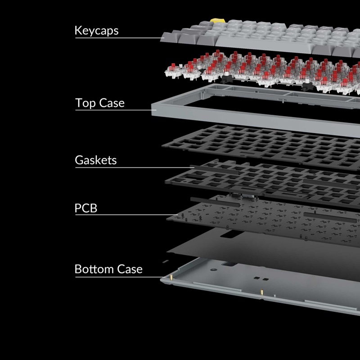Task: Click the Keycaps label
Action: [x=96, y=31]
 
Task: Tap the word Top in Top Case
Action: [x=86, y=103]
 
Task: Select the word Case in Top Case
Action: [x=112, y=103]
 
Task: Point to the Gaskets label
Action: [x=95, y=160]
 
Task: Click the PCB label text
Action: [x=85, y=208]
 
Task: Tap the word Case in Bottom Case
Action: [x=130, y=269]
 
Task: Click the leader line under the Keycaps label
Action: [x=117, y=38]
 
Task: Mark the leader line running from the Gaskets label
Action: [x=135, y=167]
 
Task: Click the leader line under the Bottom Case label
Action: [x=117, y=276]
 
